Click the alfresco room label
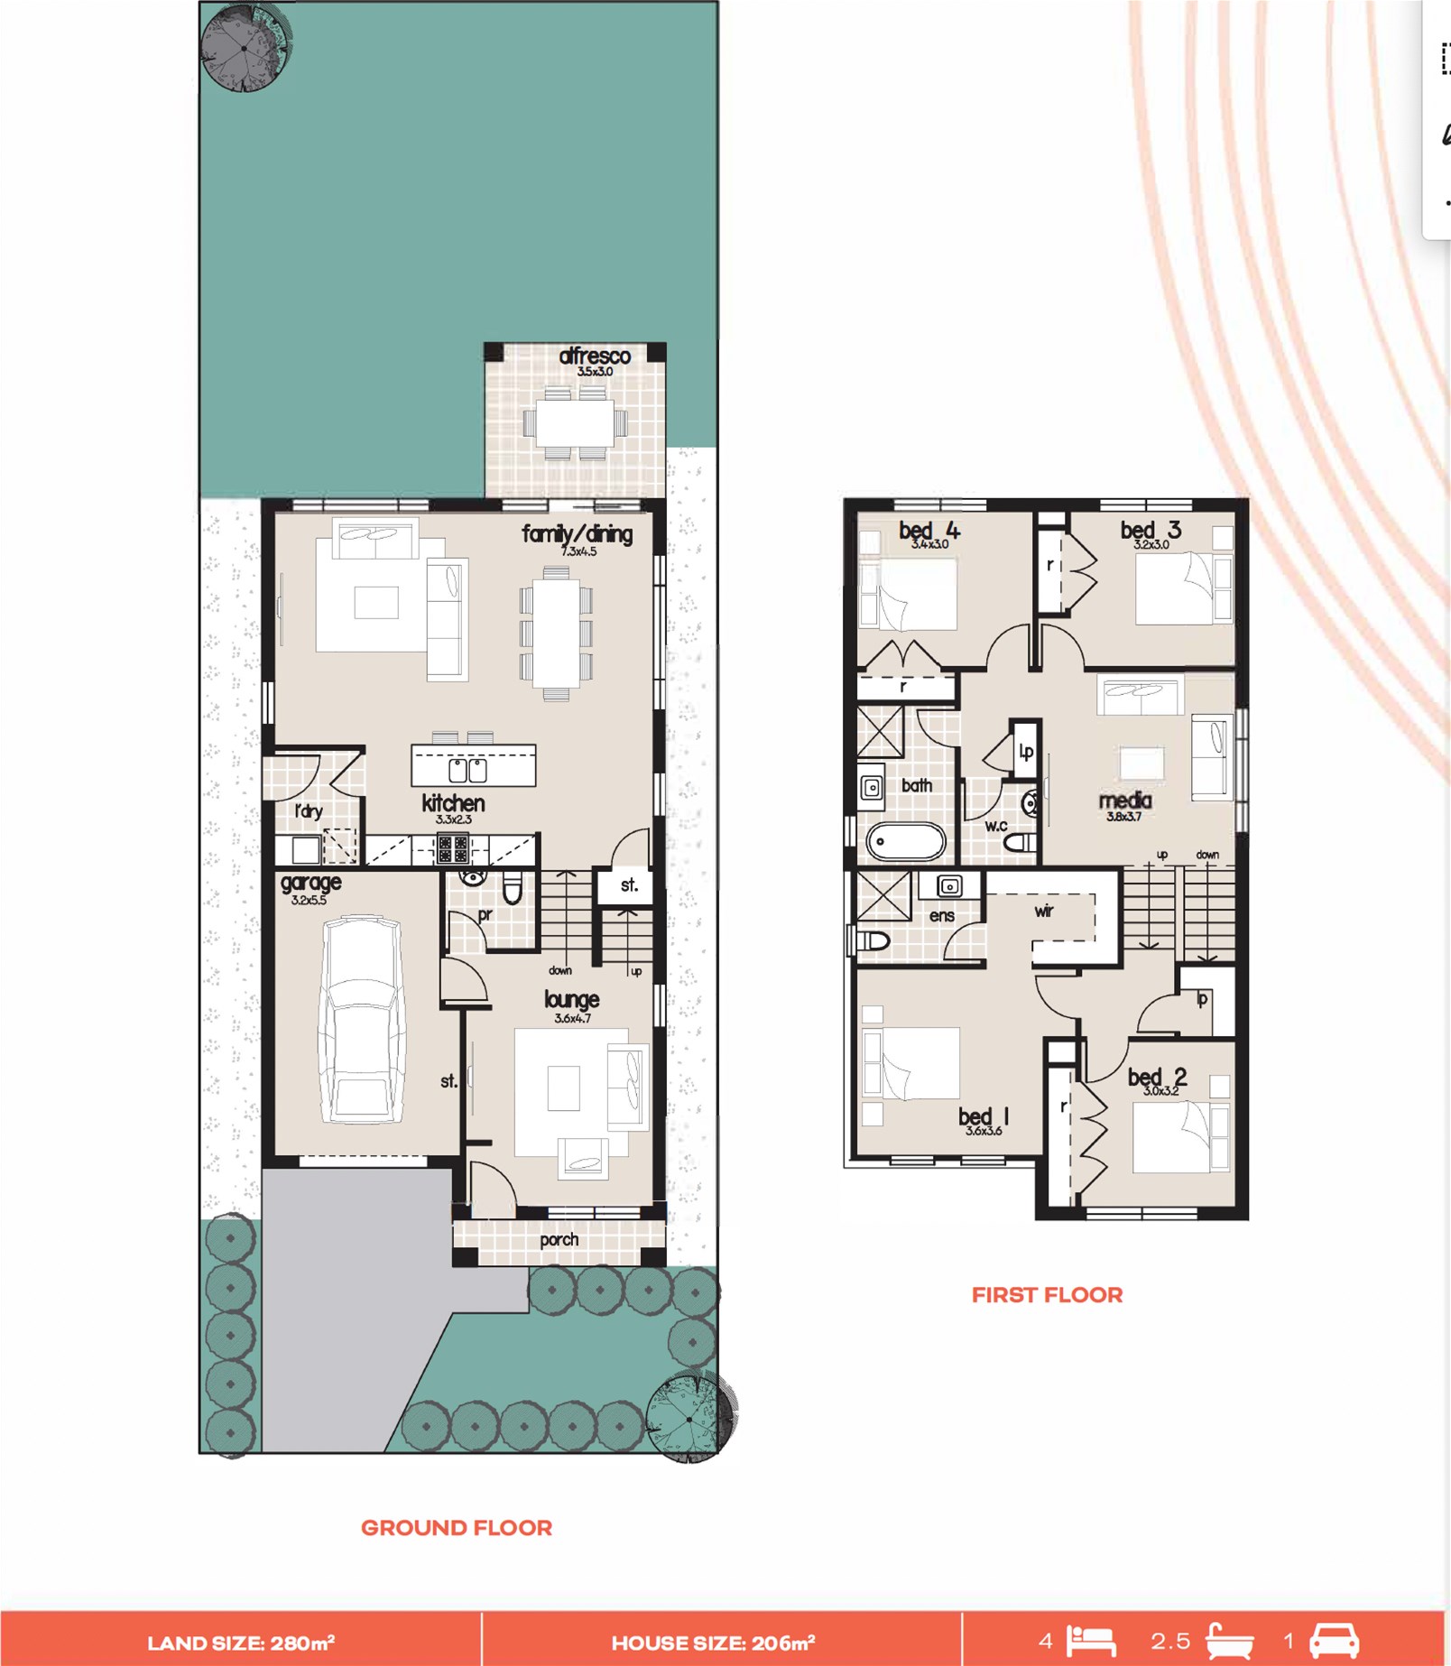click(594, 356)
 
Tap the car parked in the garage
click(361, 1020)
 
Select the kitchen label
click(453, 802)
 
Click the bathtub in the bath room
click(906, 842)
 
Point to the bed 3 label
click(1151, 531)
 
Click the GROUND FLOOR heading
click(457, 1528)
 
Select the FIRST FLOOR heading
click(1047, 1295)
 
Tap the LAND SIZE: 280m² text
click(241, 1643)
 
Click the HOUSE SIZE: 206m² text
click(713, 1643)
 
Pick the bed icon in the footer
click(1092, 1640)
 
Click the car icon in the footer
click(1334, 1640)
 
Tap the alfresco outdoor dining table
click(575, 422)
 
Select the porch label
click(559, 1239)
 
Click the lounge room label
click(571, 999)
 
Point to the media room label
click(1124, 801)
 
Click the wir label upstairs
click(1043, 911)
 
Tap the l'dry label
click(308, 810)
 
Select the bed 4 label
click(929, 531)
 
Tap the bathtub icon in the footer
click(1230, 1640)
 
